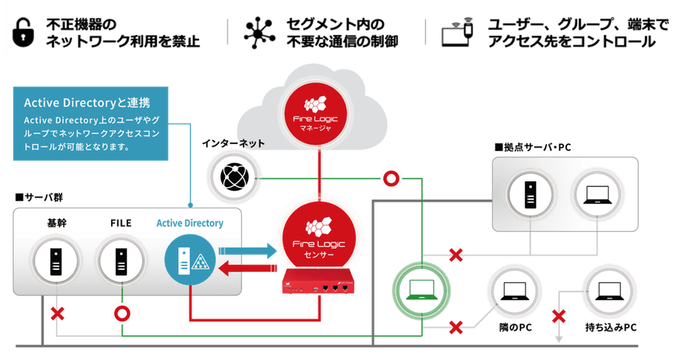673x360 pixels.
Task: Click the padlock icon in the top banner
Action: (24, 31)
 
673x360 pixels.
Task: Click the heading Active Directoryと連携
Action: (87, 102)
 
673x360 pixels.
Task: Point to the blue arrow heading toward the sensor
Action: (246, 250)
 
